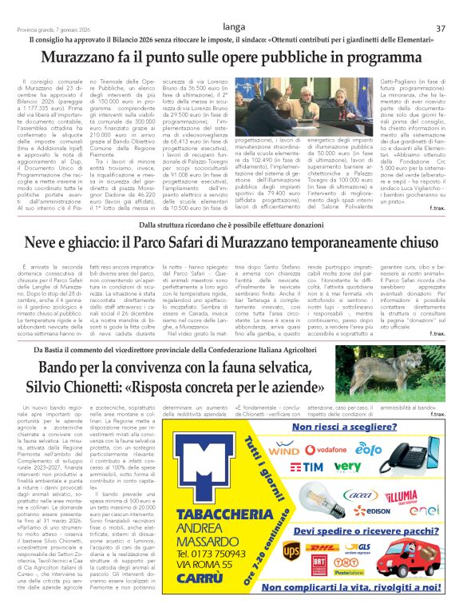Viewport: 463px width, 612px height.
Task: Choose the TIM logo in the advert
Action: [307, 467]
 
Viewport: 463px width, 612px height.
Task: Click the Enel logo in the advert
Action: [425, 510]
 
